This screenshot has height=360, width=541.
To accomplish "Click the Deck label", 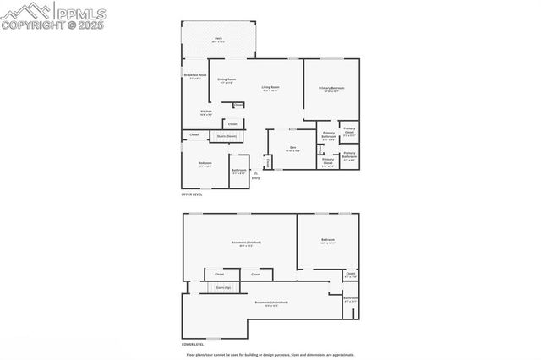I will click(x=218, y=39).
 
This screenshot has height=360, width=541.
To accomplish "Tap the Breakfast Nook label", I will click(x=194, y=75).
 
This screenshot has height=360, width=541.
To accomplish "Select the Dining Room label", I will click(x=227, y=79).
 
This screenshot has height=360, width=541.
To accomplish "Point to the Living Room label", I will click(x=270, y=87).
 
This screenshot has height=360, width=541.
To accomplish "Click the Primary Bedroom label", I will click(x=331, y=88).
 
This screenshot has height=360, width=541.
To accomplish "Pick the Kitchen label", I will click(x=206, y=112).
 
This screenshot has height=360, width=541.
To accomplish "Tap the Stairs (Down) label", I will click(x=227, y=135).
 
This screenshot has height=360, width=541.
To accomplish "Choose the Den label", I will click(x=292, y=148).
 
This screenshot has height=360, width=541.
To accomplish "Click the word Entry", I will click(x=255, y=178).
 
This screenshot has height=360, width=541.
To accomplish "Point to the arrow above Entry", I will click(x=255, y=172).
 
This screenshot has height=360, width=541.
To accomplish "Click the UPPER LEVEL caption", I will click(x=192, y=194).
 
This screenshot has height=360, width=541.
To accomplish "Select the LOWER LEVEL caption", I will click(x=193, y=344).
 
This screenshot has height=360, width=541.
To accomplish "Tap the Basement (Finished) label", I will click(x=246, y=242).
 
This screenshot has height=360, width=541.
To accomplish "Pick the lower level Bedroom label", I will click(x=328, y=241).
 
